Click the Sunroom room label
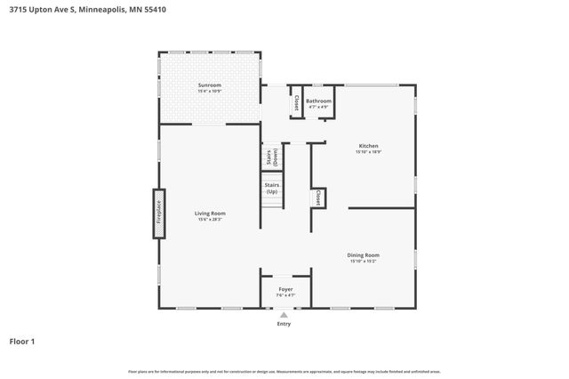click(210, 85)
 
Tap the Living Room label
click(211, 213)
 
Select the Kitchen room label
click(368, 146)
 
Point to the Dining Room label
click(369, 255)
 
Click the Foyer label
click(284, 289)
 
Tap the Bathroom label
click(318, 101)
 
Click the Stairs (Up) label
click(271, 188)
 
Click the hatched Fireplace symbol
click(159, 214)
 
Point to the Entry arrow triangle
click(284, 314)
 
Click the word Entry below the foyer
click(284, 324)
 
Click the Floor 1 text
click(22, 341)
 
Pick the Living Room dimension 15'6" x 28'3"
click(211, 220)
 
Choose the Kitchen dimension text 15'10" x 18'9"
click(368, 152)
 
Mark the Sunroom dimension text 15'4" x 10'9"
click(210, 92)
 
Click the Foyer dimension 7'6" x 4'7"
click(284, 295)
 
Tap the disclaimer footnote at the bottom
click(284, 371)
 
